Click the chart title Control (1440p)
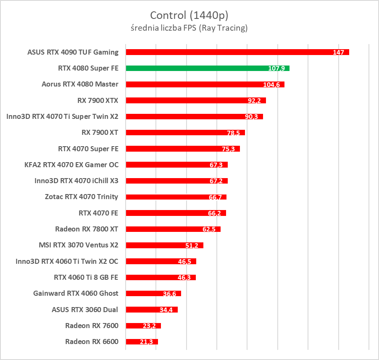click(189, 16)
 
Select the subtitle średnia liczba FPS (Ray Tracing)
click(189, 29)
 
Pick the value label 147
click(338, 53)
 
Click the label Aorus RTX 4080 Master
click(80, 84)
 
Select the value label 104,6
click(271, 85)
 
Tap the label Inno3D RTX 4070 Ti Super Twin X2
click(63, 116)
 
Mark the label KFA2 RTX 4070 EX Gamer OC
click(71, 165)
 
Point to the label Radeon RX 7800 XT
click(87, 229)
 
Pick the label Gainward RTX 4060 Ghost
click(76, 293)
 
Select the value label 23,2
click(149, 326)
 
